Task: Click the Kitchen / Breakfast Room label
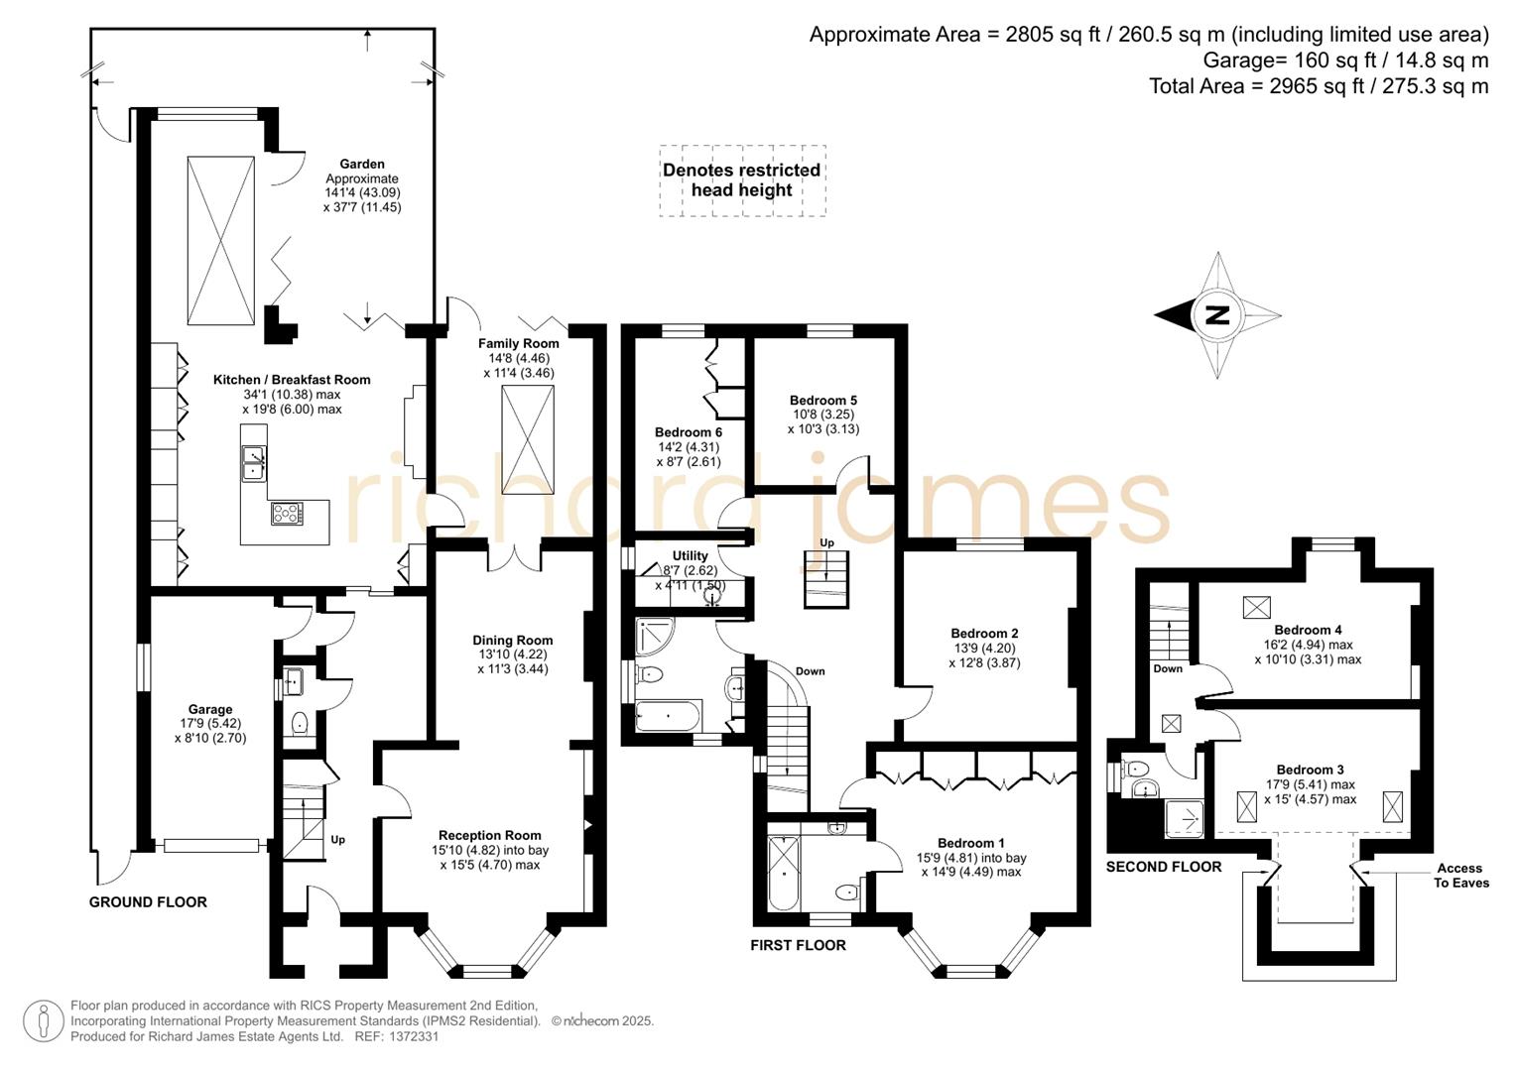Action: click(x=292, y=380)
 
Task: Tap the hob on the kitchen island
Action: click(x=287, y=513)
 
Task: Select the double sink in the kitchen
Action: click(x=254, y=462)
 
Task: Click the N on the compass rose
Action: click(x=1216, y=315)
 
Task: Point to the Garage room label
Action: click(x=210, y=709)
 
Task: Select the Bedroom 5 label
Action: click(x=822, y=401)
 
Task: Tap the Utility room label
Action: click(x=690, y=556)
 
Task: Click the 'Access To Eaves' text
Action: click(x=1459, y=876)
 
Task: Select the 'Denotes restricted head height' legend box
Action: click(x=742, y=180)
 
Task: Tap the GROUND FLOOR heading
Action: click(x=148, y=902)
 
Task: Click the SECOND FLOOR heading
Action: click(x=1163, y=867)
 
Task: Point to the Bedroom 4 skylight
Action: click(x=1256, y=607)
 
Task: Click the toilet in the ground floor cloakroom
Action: click(x=299, y=724)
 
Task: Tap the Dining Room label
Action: click(x=512, y=641)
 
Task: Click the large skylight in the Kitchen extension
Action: click(x=220, y=240)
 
